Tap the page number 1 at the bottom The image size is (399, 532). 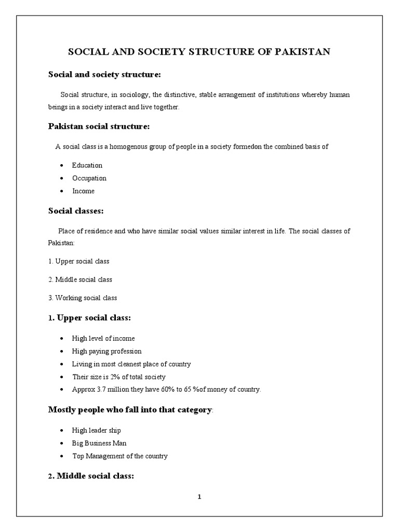199,497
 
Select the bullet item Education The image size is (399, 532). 87,165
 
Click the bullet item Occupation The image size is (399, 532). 89,178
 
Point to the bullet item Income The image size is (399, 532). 84,191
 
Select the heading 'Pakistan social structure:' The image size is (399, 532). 99,126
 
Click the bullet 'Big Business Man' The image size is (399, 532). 99,443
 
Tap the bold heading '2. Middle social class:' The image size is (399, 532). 91,475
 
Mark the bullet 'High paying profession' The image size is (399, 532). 107,351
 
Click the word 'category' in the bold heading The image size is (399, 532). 193,410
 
